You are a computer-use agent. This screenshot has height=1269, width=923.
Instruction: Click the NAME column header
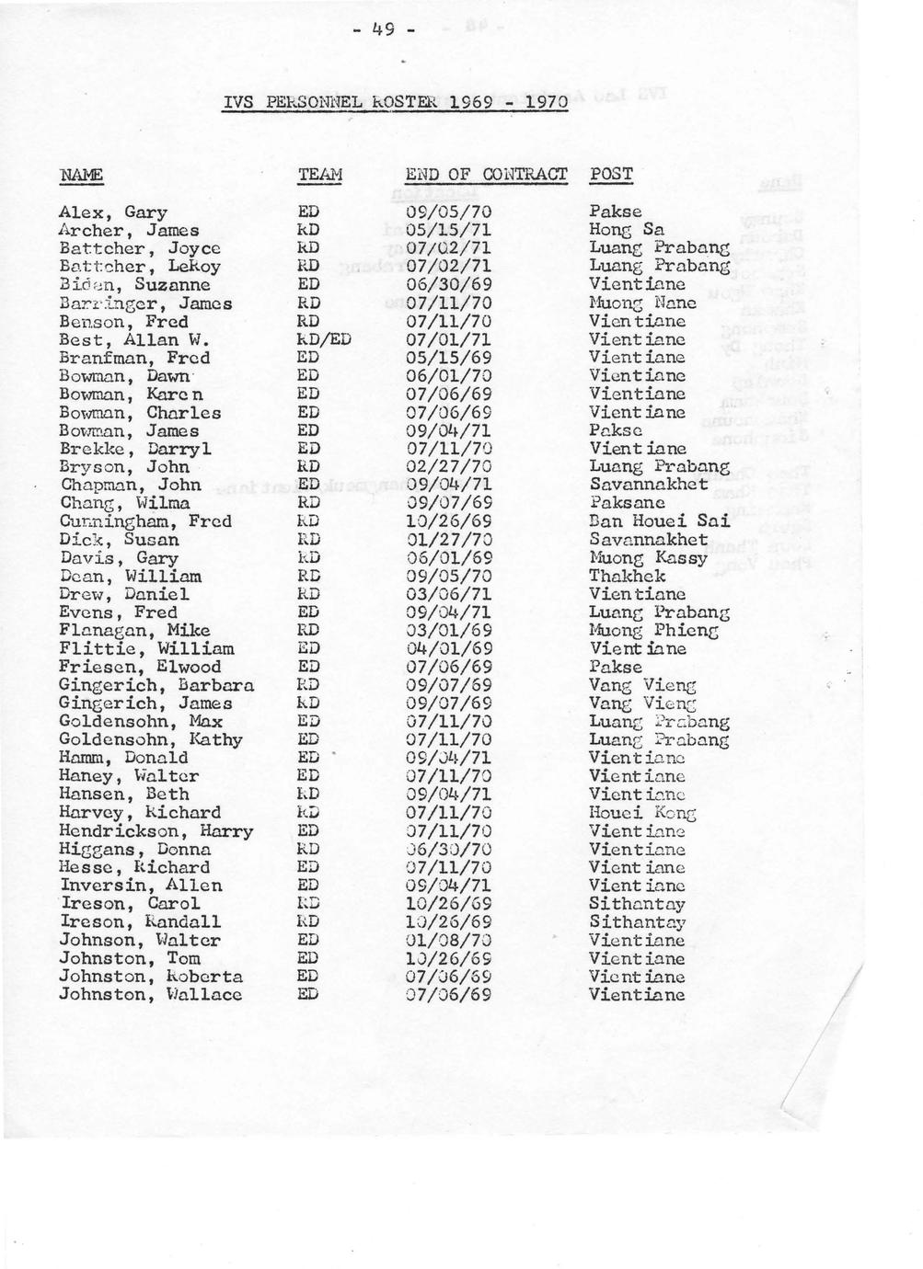(81, 175)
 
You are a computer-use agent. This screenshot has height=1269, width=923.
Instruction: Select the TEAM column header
(319, 175)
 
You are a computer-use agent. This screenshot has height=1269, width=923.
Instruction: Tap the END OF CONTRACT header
(486, 174)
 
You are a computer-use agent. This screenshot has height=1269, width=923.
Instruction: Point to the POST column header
(611, 174)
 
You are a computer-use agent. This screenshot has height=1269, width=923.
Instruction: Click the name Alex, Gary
(112, 213)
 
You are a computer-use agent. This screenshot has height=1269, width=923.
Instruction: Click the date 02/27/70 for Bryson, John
(448, 466)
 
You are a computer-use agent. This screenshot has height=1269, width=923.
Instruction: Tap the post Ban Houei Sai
(659, 520)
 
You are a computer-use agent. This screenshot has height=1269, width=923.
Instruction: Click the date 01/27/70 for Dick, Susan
(448, 539)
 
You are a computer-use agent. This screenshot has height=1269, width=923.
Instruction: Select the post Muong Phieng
(652, 630)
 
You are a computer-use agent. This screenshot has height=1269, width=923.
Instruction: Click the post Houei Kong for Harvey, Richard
(642, 813)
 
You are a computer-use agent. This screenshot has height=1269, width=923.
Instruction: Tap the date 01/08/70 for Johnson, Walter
(448, 940)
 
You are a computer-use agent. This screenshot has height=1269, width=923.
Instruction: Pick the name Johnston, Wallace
(150, 995)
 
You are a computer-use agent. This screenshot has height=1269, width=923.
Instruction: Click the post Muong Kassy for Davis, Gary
(648, 557)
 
